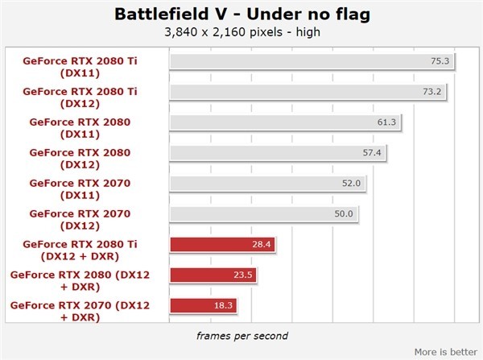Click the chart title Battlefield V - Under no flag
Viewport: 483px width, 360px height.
point(242,14)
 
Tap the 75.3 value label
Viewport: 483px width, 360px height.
point(440,61)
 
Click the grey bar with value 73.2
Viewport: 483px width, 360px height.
point(308,92)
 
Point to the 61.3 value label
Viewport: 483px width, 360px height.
point(386,122)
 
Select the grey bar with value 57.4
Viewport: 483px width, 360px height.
point(278,153)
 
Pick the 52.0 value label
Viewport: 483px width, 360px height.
point(351,183)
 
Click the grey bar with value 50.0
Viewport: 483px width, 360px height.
point(264,214)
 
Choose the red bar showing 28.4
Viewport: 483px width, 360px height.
point(222,244)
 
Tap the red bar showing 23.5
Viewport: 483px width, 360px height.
point(213,275)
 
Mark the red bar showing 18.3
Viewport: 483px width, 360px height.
point(204,305)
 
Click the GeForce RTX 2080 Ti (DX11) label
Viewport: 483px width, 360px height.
point(80,67)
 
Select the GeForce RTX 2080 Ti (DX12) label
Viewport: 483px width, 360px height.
point(80,97)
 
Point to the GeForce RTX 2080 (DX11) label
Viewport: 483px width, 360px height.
point(80,128)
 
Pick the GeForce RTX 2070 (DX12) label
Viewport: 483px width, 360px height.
point(80,220)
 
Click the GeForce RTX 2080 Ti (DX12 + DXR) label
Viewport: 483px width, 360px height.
point(80,250)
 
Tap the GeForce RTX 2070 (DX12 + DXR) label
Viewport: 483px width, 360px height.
point(80,312)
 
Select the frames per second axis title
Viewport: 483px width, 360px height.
point(242,336)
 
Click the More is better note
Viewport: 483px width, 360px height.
point(446,352)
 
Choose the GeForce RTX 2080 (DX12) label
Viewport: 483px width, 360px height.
point(80,159)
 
